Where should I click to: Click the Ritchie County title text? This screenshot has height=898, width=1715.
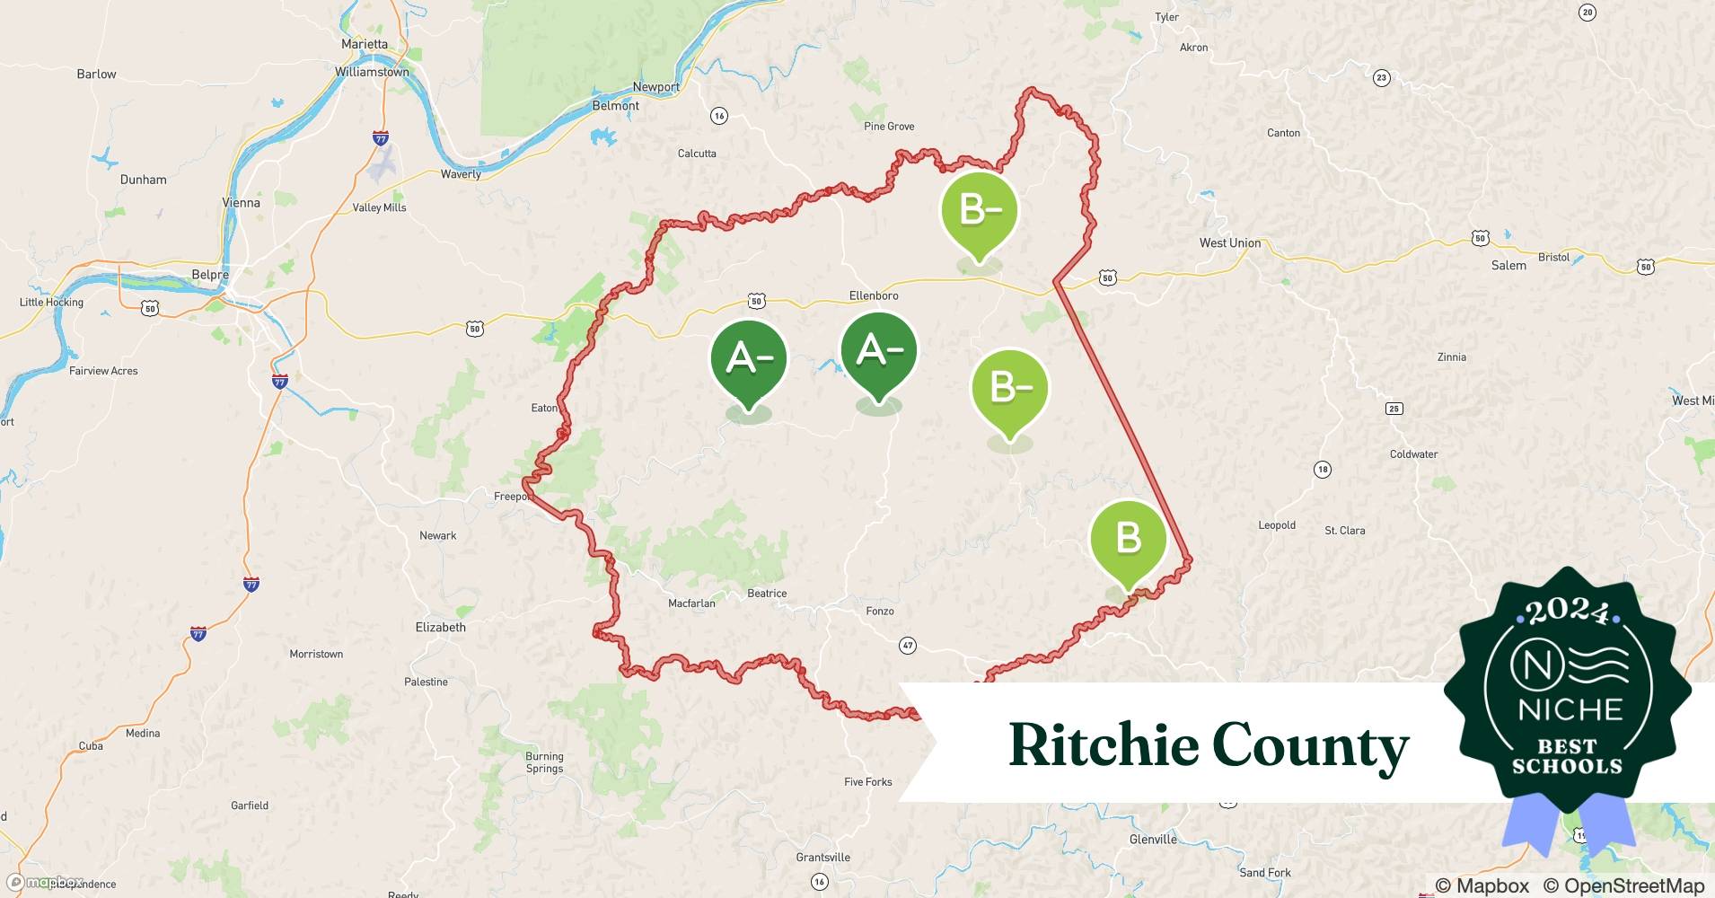click(x=1209, y=745)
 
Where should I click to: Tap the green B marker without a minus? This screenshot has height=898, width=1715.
click(x=1128, y=540)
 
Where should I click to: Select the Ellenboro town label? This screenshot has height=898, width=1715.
click(x=873, y=295)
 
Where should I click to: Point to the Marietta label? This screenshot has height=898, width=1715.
click(x=365, y=44)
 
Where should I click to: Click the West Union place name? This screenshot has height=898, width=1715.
click(x=1229, y=243)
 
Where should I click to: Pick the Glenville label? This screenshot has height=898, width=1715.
click(x=1152, y=840)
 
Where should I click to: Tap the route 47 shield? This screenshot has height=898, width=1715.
click(x=908, y=646)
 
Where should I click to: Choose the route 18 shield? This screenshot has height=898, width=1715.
click(x=1322, y=470)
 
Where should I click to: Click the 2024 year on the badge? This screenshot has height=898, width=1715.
click(x=1567, y=611)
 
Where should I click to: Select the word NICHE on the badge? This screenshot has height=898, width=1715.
click(x=1570, y=710)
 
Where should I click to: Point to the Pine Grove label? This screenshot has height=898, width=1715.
click(x=889, y=127)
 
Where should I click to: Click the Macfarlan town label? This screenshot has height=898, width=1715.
click(x=691, y=603)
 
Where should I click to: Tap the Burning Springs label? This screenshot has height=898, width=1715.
click(x=544, y=762)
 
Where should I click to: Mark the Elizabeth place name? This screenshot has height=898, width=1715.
click(x=440, y=628)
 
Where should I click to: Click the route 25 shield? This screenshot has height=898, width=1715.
click(x=1394, y=409)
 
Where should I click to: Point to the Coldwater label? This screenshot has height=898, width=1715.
click(x=1413, y=454)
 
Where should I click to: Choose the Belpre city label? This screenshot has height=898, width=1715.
click(x=210, y=275)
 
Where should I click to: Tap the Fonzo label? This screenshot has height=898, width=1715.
click(x=879, y=612)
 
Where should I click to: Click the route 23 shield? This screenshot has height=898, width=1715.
click(x=1381, y=78)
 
